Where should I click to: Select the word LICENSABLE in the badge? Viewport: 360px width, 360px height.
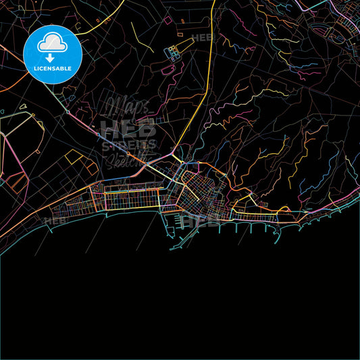[52, 70]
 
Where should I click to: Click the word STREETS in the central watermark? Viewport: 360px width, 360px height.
[128, 145]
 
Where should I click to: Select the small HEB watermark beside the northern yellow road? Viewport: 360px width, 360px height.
[202, 38]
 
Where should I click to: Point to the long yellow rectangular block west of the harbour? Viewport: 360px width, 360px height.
[131, 199]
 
